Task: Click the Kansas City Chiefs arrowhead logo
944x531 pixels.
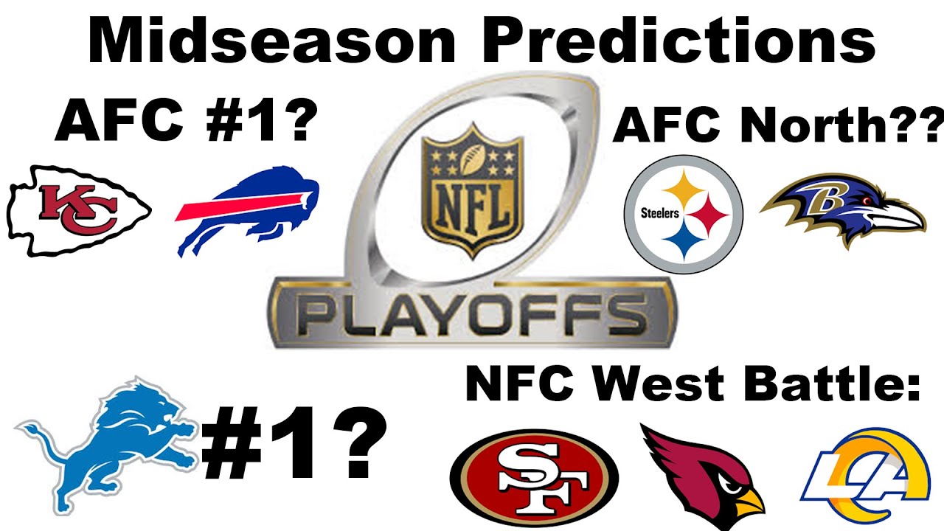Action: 78,211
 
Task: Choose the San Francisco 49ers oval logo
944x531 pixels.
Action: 534,473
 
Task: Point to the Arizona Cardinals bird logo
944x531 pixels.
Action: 704,472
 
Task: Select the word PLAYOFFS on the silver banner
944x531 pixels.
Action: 472,313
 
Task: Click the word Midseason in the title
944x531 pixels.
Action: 280,41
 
